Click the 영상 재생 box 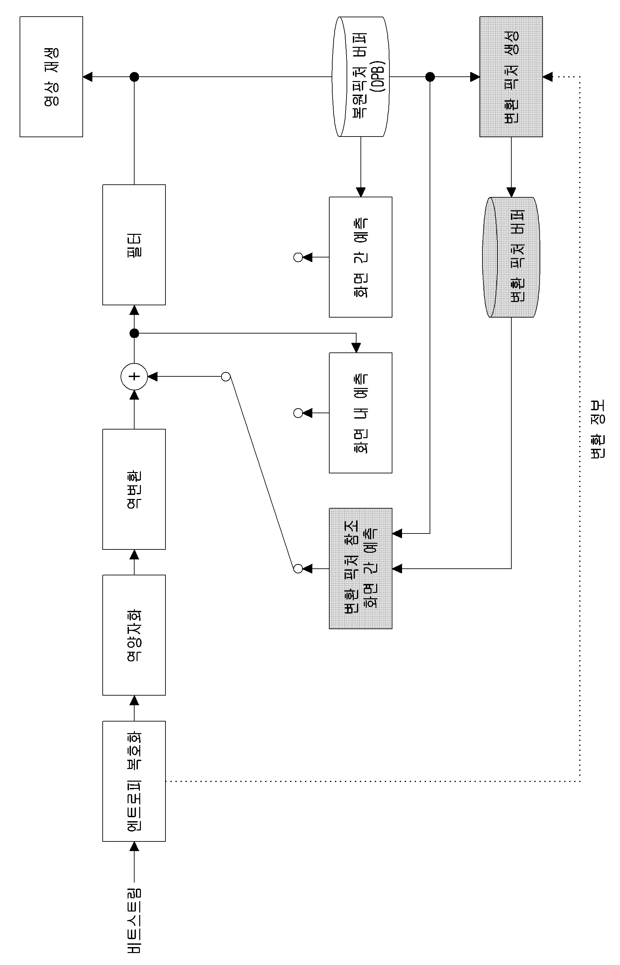pos(51,76)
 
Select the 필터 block pos(134,245)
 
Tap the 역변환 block pos(134,489)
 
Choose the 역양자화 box pos(134,635)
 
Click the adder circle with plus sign pos(134,377)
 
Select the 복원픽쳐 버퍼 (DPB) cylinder pos(361,76)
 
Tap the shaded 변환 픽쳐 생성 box pos(511,76)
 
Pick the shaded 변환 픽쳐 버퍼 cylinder pos(511,257)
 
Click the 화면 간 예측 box pos(360,257)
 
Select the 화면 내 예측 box pos(360,413)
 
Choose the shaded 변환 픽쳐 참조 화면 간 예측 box pos(360,568)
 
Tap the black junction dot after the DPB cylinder pos(430,76)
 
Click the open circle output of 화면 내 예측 pos(298,413)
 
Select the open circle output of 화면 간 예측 pos(298,257)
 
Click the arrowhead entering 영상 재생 pos(87,76)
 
